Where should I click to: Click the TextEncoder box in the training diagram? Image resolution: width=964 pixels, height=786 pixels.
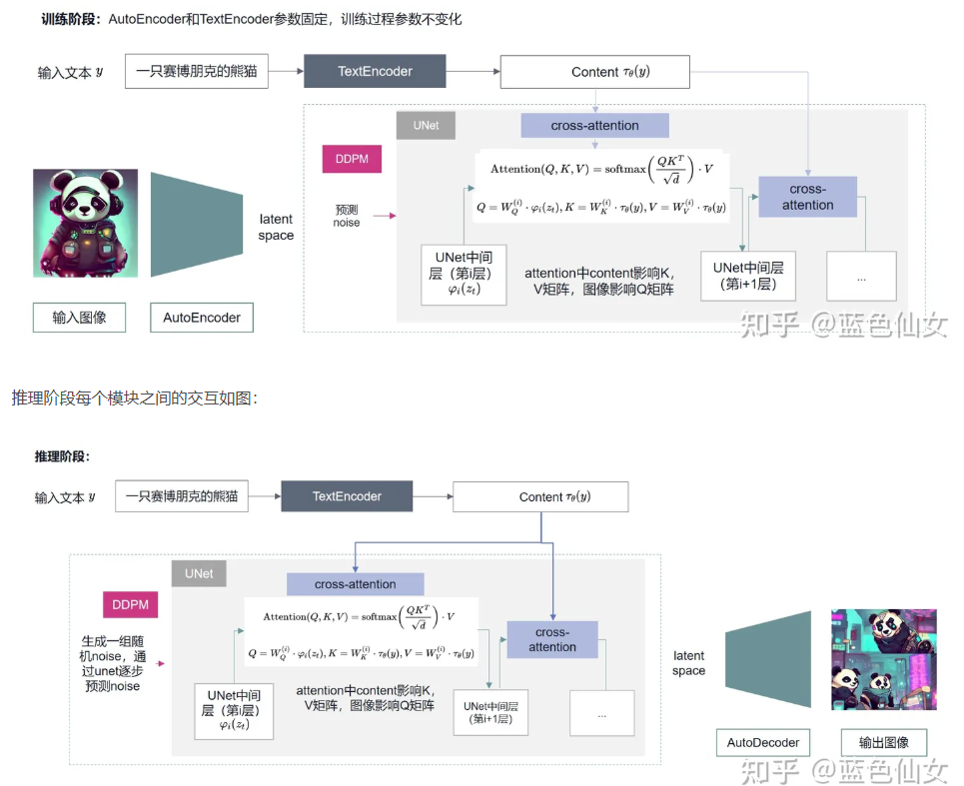(375, 72)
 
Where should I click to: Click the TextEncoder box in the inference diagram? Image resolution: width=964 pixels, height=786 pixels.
(347, 496)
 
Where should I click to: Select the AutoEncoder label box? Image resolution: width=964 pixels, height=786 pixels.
(202, 318)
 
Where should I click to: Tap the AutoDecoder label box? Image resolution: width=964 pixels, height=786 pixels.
(763, 743)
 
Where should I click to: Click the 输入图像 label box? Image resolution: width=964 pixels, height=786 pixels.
(79, 318)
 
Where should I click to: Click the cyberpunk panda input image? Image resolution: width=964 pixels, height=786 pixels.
(85, 223)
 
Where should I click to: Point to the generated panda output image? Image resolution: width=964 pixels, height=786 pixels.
(884, 659)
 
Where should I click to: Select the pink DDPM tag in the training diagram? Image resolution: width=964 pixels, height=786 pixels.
(352, 160)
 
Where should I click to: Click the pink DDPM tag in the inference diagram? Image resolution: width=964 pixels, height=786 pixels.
(130, 604)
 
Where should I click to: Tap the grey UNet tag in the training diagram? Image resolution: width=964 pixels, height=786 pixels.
(426, 126)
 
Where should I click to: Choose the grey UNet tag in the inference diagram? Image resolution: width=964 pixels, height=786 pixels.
(199, 573)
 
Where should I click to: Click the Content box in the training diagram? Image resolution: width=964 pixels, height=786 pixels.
(595, 72)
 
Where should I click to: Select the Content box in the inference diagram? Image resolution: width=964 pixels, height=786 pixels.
(540, 497)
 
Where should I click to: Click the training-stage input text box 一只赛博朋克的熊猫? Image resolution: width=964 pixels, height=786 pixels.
(197, 72)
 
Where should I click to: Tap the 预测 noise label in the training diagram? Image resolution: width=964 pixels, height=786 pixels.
(347, 216)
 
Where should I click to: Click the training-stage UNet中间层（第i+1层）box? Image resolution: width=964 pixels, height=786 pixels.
(748, 276)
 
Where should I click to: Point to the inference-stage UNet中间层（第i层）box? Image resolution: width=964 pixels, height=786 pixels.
(234, 710)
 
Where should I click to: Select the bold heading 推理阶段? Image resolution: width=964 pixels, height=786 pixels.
(62, 456)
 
